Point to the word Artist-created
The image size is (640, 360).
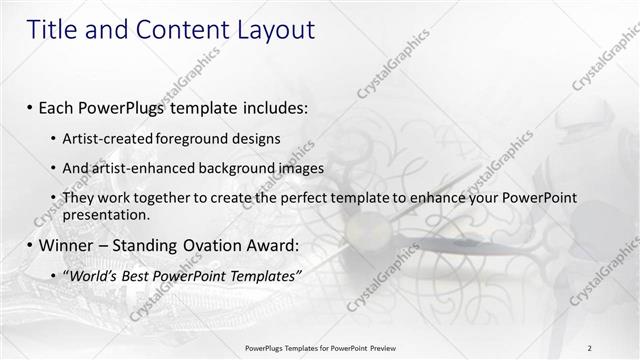pyautogui.click(x=104, y=138)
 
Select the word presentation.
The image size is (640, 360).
pyautogui.click(x=106, y=214)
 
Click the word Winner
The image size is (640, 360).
pyautogui.click(x=68, y=245)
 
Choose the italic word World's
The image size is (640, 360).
pyautogui.click(x=93, y=275)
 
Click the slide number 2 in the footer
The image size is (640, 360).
pyautogui.click(x=590, y=347)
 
